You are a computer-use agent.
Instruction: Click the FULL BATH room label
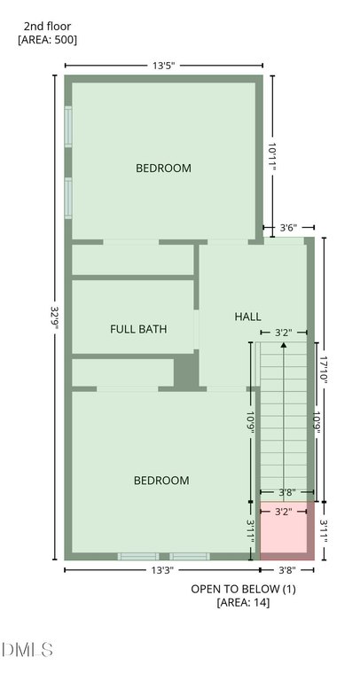tap(138, 329)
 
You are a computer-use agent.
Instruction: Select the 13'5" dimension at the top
tap(163, 66)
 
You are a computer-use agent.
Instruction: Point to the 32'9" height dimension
tap(55, 318)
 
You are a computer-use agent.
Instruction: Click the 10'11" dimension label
tap(272, 157)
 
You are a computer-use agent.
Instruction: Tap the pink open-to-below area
tap(283, 527)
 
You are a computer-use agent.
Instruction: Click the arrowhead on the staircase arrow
tap(284, 345)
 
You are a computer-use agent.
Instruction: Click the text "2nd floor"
tap(47, 27)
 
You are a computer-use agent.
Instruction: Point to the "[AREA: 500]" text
tap(47, 40)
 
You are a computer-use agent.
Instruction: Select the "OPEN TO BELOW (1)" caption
tap(243, 589)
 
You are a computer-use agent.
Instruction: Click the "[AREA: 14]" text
tap(243, 602)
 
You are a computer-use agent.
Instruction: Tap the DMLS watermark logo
tap(27, 650)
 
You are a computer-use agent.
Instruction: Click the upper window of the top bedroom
tap(68, 127)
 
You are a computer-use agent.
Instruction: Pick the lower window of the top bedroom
tap(68, 198)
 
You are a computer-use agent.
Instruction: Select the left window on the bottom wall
tap(138, 556)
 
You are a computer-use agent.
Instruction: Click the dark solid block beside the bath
tap(186, 372)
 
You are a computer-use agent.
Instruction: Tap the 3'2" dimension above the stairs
tap(283, 333)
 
